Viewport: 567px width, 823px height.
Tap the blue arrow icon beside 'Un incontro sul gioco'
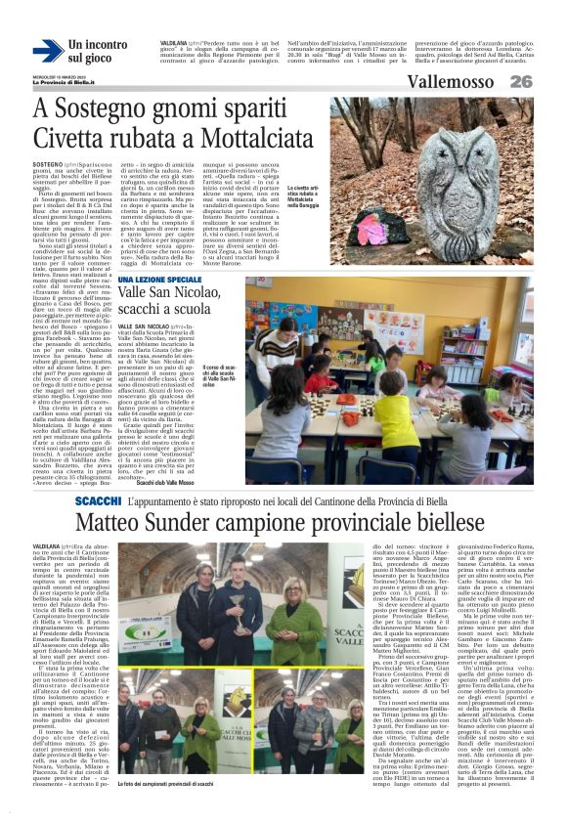[x=47, y=51]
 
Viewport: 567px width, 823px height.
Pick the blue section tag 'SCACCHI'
[x=98, y=500]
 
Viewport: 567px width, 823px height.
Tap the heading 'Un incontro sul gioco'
[x=97, y=51]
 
